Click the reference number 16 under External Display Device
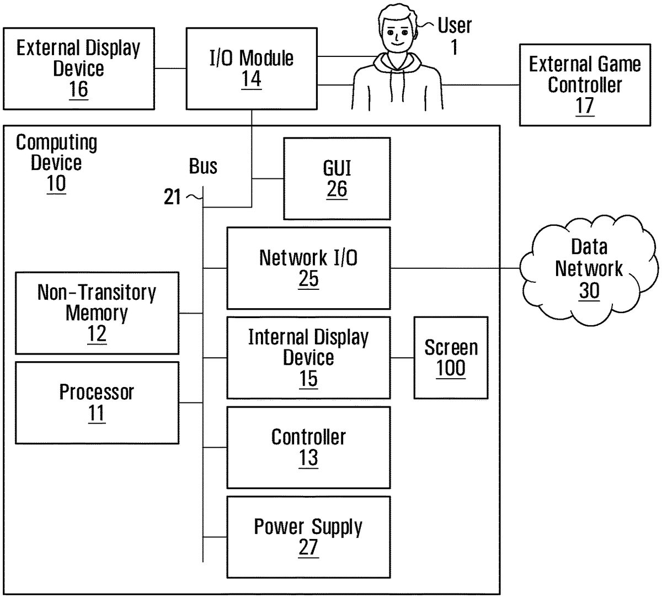coord(78,89)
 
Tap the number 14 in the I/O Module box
coord(251,79)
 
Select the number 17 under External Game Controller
coord(584,105)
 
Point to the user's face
coord(396,35)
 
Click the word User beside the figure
coord(455,25)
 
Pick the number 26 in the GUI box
coord(337,189)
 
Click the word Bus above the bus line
coord(203,166)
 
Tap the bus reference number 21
coord(172,197)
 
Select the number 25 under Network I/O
coord(308,279)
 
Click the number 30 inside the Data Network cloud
coord(589,290)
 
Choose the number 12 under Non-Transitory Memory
coord(97,334)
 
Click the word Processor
coord(97,392)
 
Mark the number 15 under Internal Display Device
coord(308,379)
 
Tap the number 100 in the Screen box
coord(451,368)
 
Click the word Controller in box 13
coord(308,437)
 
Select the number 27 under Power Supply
coord(308,547)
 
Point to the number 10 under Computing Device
coord(56,184)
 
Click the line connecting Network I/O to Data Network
coord(455,268)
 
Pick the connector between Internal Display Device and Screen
coord(402,358)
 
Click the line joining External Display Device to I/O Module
coord(170,68)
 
